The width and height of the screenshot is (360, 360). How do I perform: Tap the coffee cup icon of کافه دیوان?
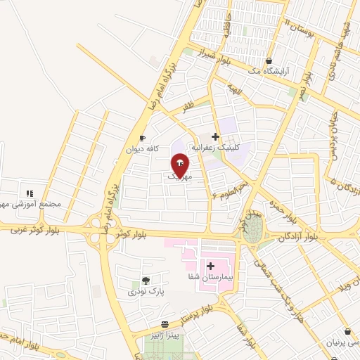(x=143, y=139)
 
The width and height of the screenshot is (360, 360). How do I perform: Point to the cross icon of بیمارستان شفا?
(x=211, y=265)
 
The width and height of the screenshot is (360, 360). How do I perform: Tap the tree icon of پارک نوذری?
(x=146, y=280)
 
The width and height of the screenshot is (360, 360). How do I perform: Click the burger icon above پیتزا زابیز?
(x=165, y=324)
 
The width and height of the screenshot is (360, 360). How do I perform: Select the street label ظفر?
(x=187, y=108)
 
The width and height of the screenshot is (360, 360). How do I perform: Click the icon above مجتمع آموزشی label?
(x=30, y=193)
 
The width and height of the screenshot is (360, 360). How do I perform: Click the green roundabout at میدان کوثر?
(x=252, y=229)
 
